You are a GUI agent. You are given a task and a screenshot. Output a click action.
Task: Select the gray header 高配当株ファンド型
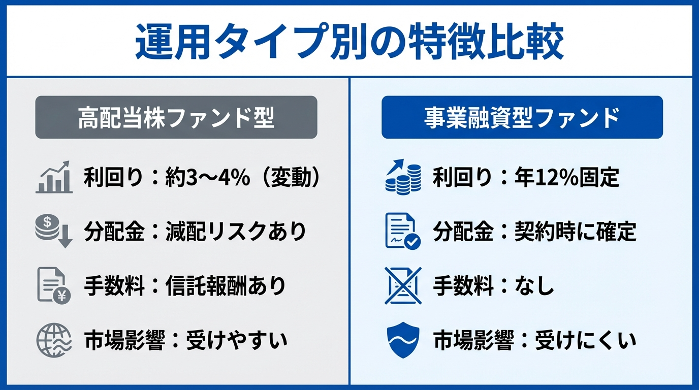[x=176, y=117]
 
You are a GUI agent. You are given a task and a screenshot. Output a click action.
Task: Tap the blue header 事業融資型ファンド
[x=522, y=117]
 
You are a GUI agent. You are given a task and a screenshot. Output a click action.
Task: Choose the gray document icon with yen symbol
[x=53, y=286]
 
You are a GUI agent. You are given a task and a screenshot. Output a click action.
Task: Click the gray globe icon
[x=52, y=341]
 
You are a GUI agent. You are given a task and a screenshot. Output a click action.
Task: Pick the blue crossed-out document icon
[x=403, y=286]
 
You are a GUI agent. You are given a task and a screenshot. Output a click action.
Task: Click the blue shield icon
[x=403, y=341]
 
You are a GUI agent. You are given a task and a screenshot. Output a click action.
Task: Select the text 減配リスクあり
[x=236, y=232]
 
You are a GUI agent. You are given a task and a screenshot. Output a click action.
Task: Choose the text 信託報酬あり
[x=226, y=286]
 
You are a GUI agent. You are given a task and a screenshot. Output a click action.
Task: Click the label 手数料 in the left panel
[x=113, y=286]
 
